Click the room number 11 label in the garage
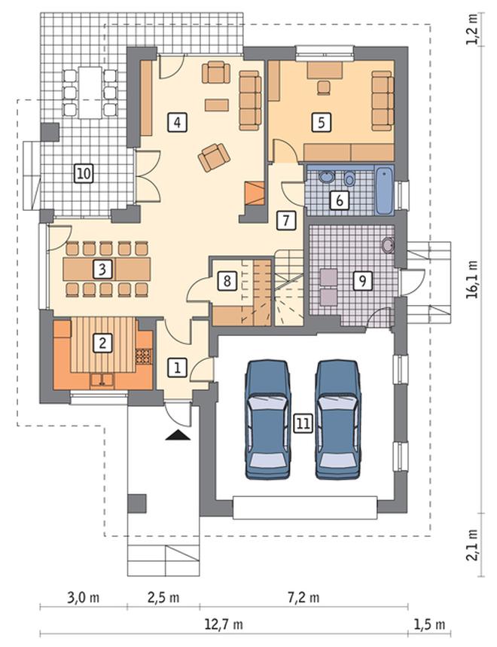coord(303,424)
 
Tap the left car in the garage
coord(267,420)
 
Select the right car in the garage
coord(338,420)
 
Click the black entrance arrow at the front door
coord(178,435)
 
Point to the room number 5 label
coord(322,122)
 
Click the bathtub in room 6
coord(384,191)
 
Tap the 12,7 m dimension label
coord(224,624)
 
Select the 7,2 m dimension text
coord(303,597)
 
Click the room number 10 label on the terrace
coord(84,173)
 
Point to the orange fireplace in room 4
coord(255,193)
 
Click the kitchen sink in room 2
coord(102,380)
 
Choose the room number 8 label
coord(227,281)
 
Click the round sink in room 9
coord(388,245)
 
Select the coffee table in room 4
coord(217,105)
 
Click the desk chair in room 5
coord(324,87)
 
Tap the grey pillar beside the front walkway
coord(136,503)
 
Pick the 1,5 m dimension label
coord(429,624)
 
